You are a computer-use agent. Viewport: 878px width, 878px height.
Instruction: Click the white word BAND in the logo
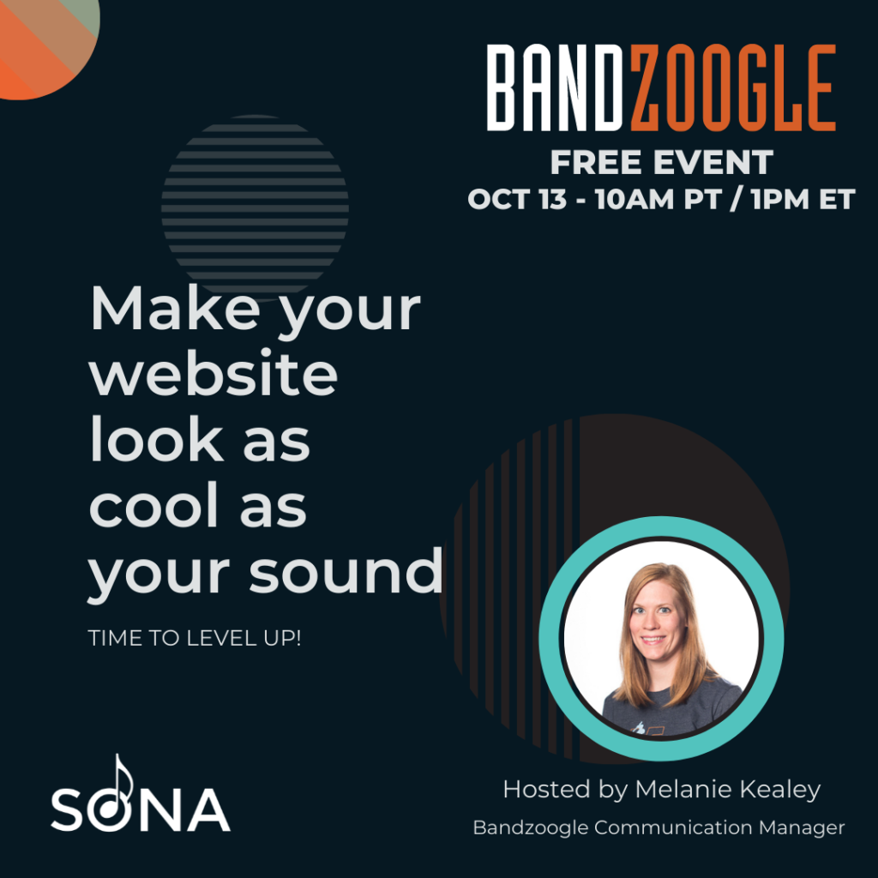555,88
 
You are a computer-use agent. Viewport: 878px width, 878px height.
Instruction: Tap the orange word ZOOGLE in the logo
734,88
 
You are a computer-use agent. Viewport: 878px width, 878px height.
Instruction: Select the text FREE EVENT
661,162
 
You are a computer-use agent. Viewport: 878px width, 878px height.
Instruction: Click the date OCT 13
517,199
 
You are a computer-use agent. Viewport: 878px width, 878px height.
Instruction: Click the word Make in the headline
175,308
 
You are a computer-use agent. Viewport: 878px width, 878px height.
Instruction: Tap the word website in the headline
213,373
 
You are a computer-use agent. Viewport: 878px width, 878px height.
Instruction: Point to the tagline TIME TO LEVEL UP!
195,638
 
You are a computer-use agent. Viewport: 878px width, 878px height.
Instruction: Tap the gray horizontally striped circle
255,208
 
